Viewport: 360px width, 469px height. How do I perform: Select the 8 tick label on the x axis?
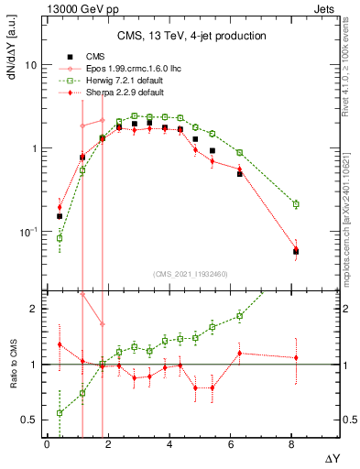pyautogui.click(x=292, y=444)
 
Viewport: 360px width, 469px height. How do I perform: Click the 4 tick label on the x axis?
pyautogui.click(x=170, y=444)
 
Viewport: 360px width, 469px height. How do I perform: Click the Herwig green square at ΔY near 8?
pyautogui.click(x=295, y=203)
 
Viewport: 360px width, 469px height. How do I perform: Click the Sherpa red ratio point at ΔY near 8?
pyautogui.click(x=296, y=357)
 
